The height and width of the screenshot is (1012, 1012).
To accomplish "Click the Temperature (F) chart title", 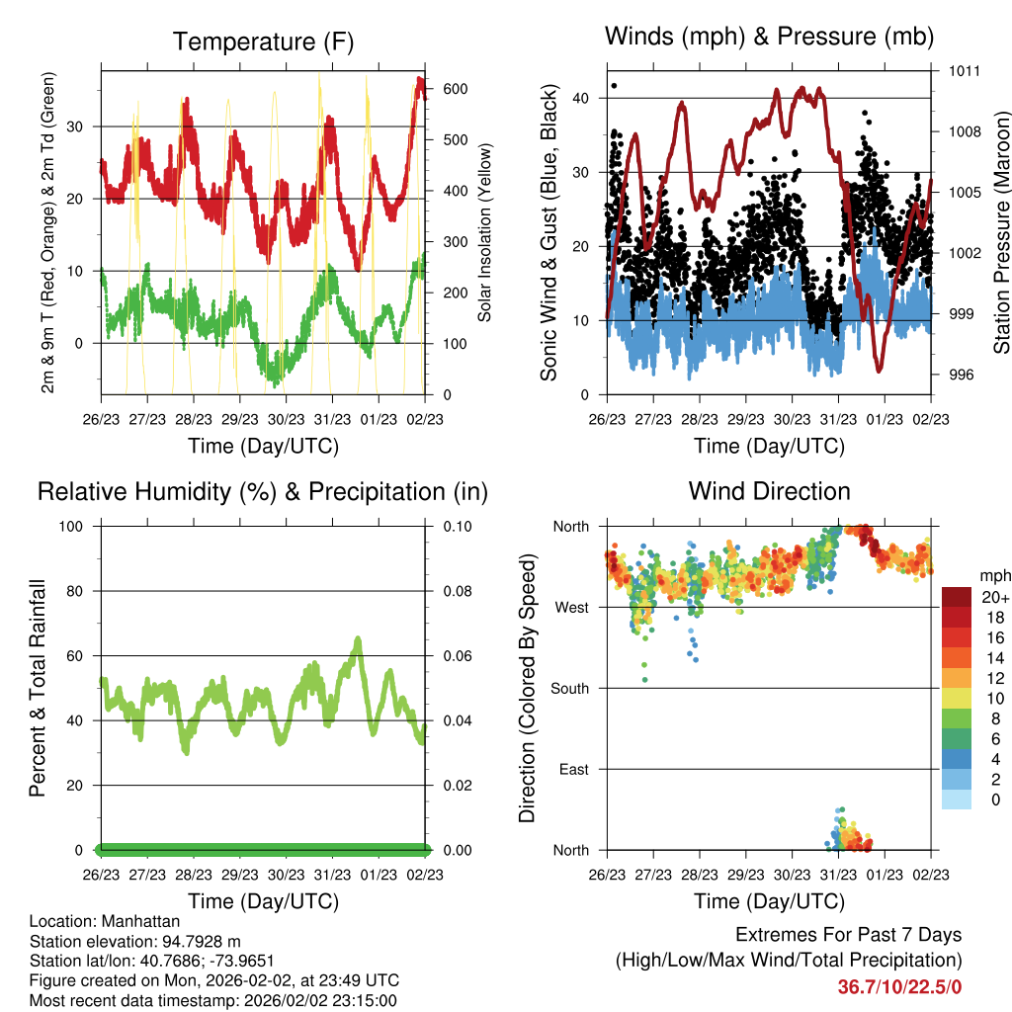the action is click(x=263, y=42).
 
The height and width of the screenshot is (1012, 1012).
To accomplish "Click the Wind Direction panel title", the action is click(x=769, y=491).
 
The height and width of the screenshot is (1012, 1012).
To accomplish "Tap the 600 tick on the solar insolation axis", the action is click(x=456, y=89).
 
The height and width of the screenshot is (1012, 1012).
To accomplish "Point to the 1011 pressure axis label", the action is click(x=965, y=71).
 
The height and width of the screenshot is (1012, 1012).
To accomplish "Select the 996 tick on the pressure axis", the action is click(x=961, y=375).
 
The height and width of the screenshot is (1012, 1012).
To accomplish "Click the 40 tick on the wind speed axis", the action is click(x=580, y=98).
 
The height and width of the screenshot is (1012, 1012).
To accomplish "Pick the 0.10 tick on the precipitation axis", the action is click(x=458, y=527).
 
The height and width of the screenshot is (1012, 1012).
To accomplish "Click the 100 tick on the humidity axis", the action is click(x=71, y=527).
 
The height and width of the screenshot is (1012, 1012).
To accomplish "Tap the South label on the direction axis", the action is click(x=570, y=689).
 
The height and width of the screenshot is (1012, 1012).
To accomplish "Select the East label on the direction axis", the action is click(x=574, y=769).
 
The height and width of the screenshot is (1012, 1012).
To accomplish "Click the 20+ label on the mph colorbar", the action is click(x=995, y=597).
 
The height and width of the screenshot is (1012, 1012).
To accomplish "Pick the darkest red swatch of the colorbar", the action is click(x=957, y=597).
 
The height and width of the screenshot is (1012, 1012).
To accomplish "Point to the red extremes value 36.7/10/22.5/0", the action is click(x=899, y=987).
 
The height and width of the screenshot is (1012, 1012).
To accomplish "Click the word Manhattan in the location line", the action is click(x=140, y=921).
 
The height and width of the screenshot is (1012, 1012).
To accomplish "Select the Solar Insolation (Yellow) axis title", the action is click(x=484, y=232).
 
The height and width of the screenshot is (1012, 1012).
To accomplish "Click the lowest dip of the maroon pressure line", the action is click(x=879, y=370).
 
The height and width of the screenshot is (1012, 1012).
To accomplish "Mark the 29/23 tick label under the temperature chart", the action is click(x=239, y=419).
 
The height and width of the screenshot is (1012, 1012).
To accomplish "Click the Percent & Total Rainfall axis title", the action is click(x=38, y=688).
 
